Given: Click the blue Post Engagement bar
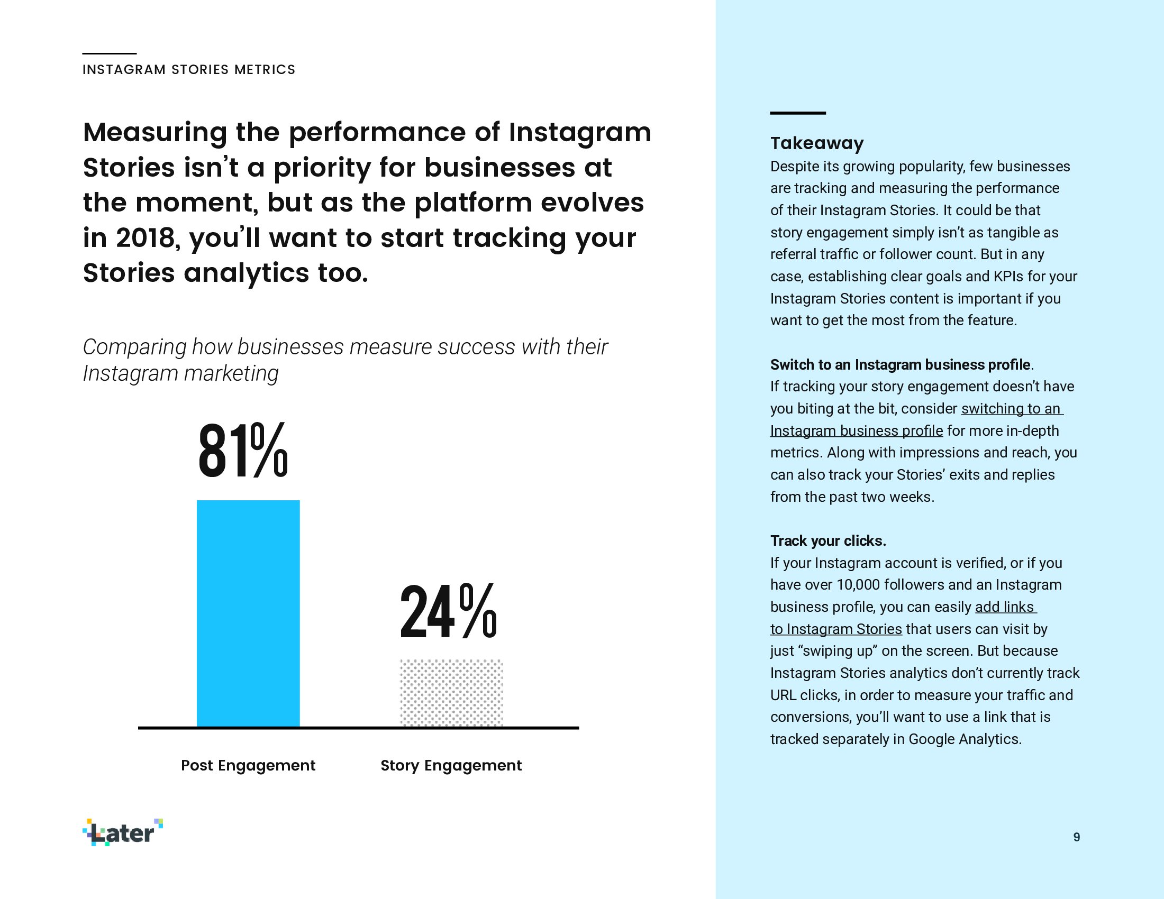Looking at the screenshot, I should (248, 612).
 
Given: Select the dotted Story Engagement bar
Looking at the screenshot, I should (451, 692).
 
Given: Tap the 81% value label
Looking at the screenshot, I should (243, 451).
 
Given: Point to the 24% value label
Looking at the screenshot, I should (448, 611).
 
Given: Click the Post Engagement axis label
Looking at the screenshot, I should (248, 765).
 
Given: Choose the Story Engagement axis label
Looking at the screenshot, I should (451, 765).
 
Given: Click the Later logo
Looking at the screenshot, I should (123, 832).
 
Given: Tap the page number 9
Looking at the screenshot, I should (1076, 837).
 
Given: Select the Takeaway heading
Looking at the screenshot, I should (816, 143).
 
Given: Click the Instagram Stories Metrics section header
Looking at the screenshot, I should (189, 70).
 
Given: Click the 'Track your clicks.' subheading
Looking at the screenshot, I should (827, 541).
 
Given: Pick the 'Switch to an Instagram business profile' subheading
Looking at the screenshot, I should (899, 365).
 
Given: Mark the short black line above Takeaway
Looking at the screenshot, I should (797, 113).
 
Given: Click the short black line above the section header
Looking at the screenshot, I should (110, 53).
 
